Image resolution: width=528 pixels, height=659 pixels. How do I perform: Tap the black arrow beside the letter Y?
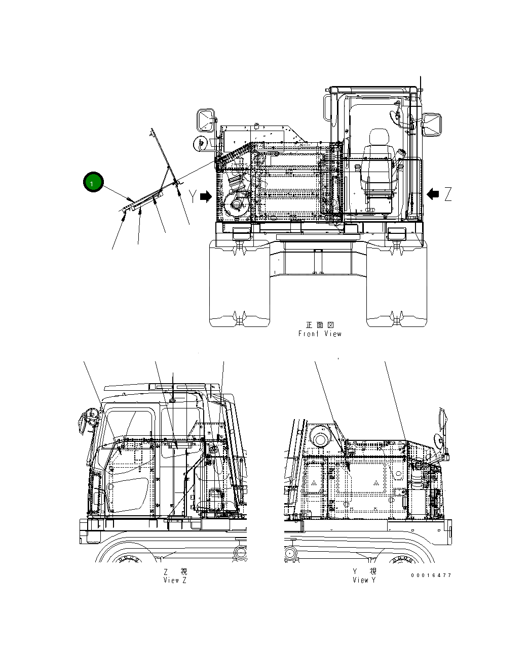click(x=206, y=197)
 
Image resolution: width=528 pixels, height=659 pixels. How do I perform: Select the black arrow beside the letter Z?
click(x=433, y=193)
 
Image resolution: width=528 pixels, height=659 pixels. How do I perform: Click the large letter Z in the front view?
click(x=447, y=194)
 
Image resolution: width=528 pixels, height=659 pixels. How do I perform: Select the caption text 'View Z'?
click(x=175, y=580)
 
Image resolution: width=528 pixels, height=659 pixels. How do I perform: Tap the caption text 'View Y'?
click(x=364, y=580)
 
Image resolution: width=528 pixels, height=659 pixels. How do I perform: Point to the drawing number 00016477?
click(x=431, y=575)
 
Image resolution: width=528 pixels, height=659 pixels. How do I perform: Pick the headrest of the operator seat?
click(x=378, y=137)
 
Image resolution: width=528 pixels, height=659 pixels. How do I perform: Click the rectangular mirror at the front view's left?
click(x=207, y=120)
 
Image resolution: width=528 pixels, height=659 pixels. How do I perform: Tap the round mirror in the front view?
click(x=200, y=143)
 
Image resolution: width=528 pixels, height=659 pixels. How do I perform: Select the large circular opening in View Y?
click(x=320, y=437)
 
